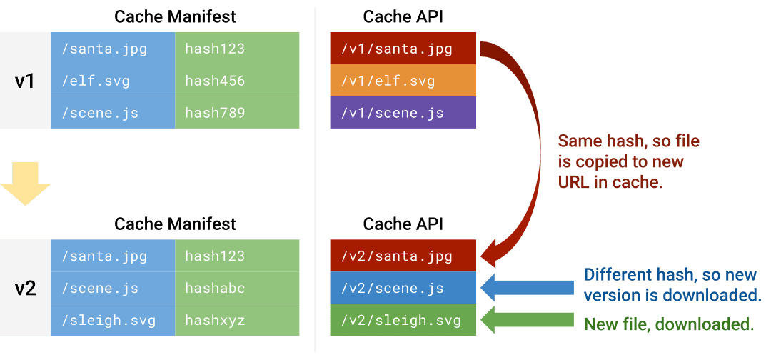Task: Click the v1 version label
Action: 25,81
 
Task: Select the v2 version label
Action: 25,288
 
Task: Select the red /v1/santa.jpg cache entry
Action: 403,49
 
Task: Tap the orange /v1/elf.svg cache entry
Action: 403,81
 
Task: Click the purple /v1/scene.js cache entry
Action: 403,113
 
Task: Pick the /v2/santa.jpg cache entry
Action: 403,256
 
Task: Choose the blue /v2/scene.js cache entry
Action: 403,288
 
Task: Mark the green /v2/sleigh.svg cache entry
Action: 403,320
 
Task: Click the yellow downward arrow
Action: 25,185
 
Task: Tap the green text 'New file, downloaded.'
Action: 668,324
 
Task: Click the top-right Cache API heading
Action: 403,16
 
